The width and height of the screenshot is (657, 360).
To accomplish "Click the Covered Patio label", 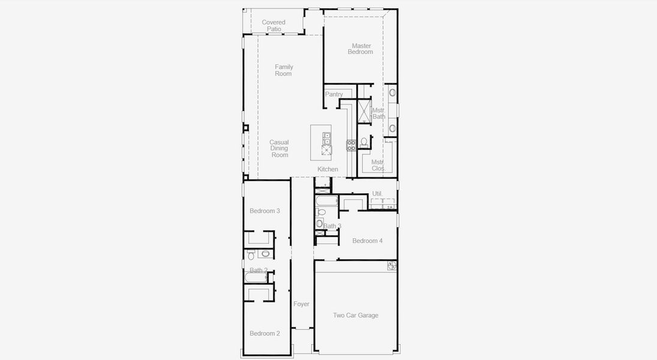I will click(274, 25).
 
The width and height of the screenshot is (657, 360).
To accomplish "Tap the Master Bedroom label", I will click(361, 49).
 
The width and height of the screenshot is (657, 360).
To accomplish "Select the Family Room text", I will click(284, 70).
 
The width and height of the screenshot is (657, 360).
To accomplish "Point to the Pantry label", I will click(334, 94).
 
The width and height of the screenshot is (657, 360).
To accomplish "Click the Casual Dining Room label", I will click(279, 149).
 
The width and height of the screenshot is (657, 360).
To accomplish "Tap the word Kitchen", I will click(328, 169).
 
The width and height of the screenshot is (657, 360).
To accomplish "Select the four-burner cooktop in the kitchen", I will click(351, 145).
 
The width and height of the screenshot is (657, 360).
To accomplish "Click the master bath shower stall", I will click(364, 112).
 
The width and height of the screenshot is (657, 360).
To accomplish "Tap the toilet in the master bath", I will click(364, 142).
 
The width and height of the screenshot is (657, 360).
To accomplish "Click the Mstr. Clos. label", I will click(378, 165).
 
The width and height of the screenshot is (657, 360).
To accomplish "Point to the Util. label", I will click(377, 193).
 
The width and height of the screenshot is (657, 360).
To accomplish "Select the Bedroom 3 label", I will click(265, 211).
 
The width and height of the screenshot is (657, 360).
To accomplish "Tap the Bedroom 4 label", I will click(367, 241).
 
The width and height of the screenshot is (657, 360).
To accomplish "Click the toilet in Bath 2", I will click(251, 256).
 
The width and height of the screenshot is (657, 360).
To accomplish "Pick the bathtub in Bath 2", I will click(257, 277).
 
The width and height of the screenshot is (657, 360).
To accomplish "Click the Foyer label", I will click(301, 304).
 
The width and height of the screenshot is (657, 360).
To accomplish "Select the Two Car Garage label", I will click(356, 315).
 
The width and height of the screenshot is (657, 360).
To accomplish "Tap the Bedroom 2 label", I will click(265, 334).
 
